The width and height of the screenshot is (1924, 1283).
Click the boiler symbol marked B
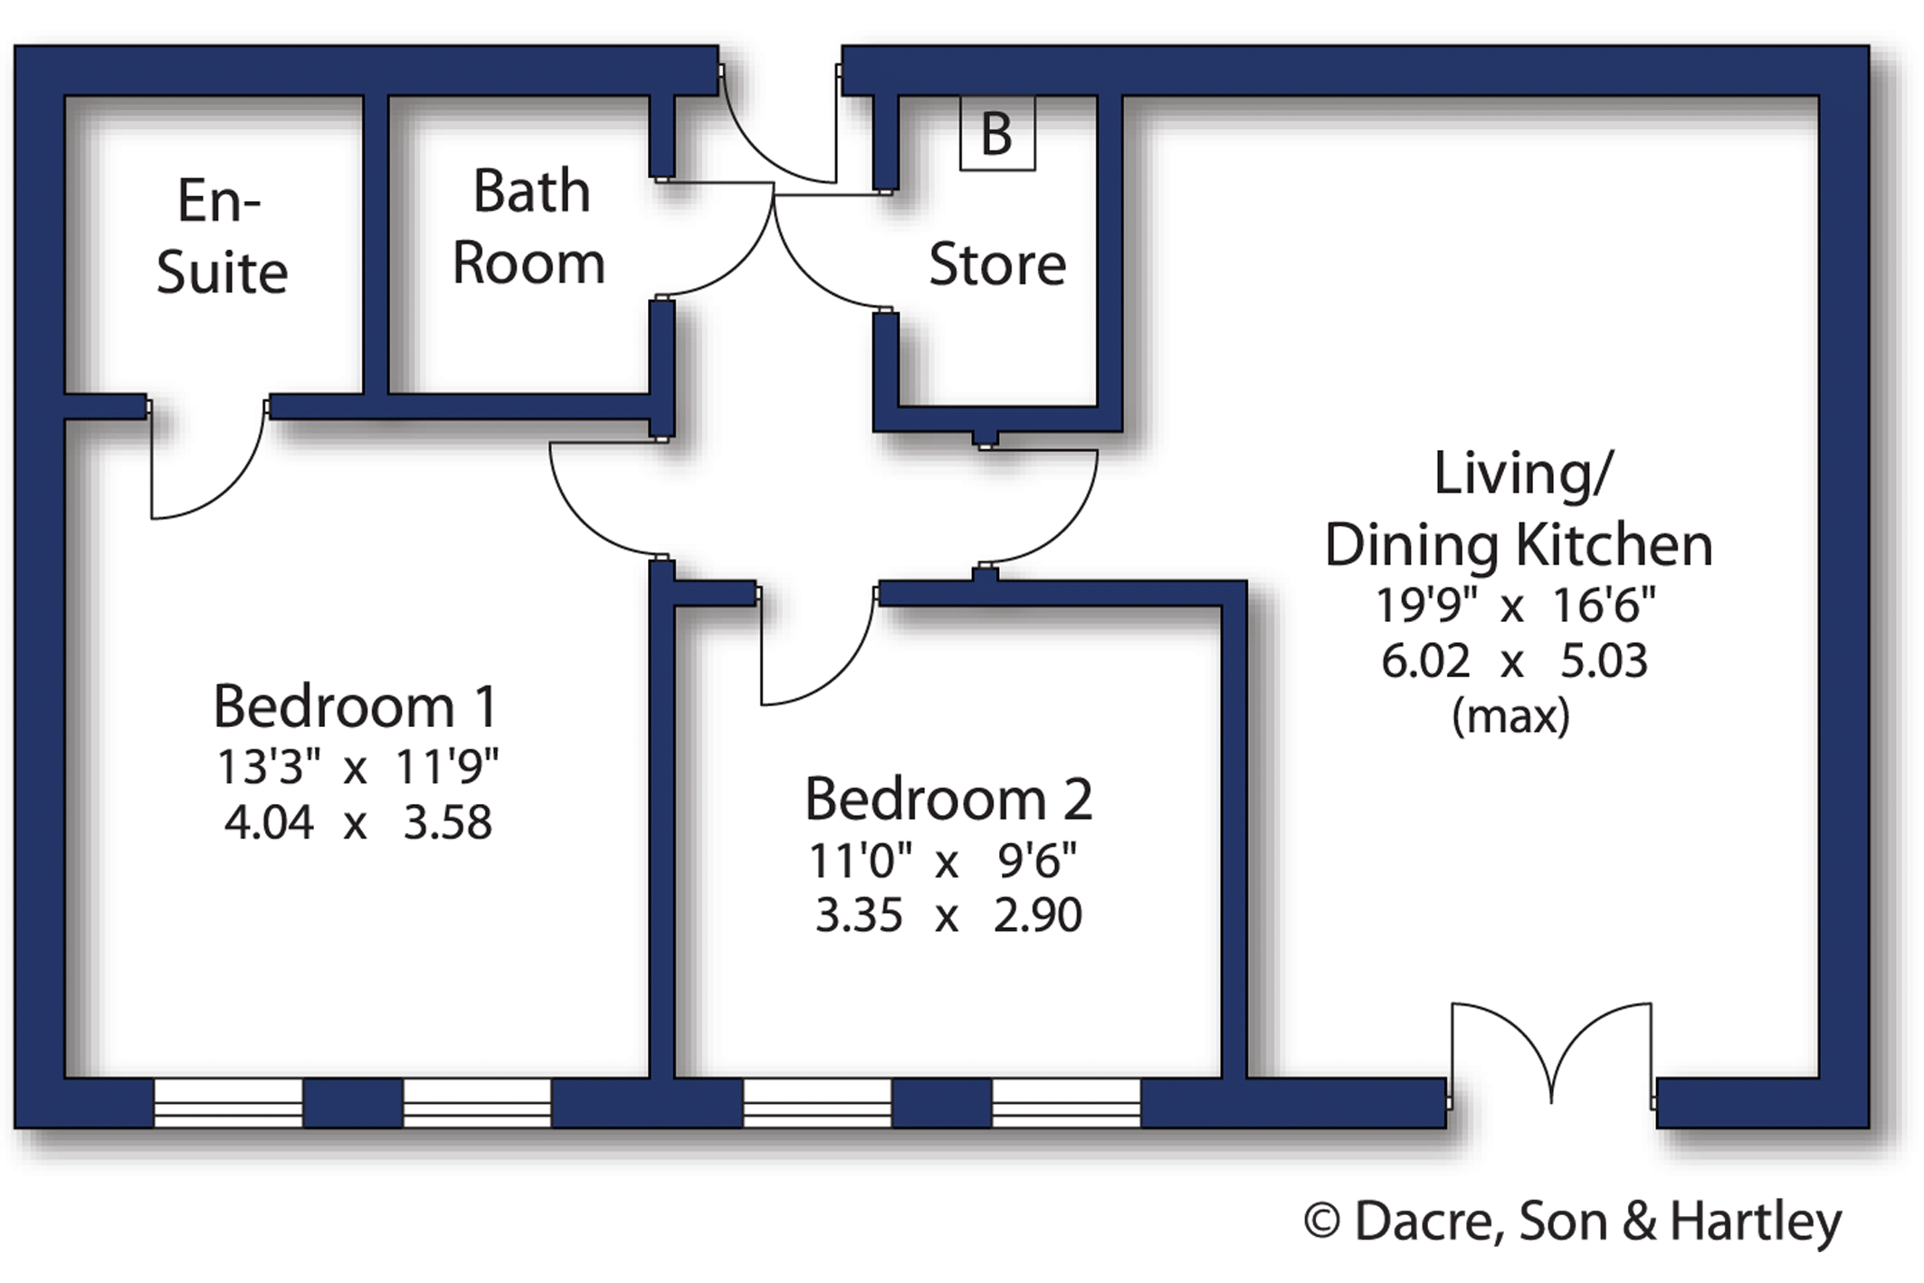coord(996,133)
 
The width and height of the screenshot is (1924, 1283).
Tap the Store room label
coord(997,264)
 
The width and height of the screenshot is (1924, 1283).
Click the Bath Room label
coord(529,226)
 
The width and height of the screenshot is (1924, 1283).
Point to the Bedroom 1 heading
coord(356,706)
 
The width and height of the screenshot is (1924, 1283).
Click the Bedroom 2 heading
coord(948,799)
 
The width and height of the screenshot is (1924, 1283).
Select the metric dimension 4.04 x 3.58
coord(358,823)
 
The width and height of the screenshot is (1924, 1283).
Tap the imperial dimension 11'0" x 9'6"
coord(943,861)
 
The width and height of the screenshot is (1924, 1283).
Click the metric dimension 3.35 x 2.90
coord(948,915)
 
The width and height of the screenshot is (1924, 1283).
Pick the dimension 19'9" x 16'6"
coord(1516,606)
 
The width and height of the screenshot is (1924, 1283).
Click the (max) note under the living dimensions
coord(1510,717)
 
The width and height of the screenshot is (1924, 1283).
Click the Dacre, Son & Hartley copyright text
coord(1573,1222)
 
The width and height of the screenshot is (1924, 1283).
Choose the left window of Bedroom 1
coord(228,1103)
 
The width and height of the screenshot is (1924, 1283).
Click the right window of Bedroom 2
coord(1066,1103)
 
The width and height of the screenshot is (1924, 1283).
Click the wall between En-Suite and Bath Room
coord(376,244)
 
